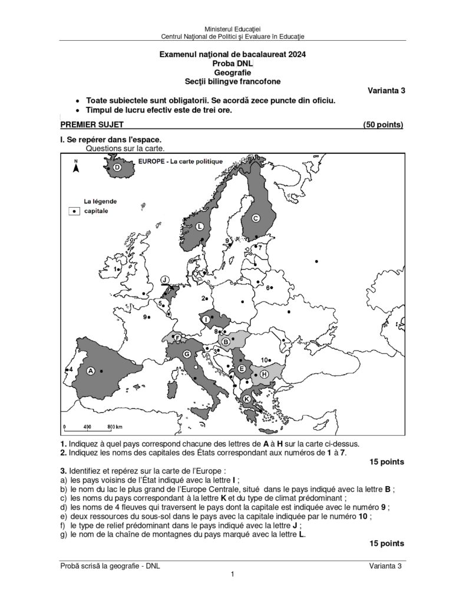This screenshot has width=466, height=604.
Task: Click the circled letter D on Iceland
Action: point(117,168)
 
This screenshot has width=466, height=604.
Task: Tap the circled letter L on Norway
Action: point(200,226)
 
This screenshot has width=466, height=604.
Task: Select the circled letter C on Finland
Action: point(256,218)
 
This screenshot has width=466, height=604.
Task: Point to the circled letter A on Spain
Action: point(91,370)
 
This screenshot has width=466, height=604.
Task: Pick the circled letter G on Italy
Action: point(186,354)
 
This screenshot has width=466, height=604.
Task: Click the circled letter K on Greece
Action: point(247,399)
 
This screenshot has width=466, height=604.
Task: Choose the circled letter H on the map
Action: point(264,374)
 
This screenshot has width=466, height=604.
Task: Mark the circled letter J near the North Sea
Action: point(166,280)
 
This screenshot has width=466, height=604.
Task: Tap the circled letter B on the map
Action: point(226,341)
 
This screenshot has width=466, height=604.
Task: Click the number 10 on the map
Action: point(265,360)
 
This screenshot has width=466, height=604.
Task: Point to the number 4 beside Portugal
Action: point(70,369)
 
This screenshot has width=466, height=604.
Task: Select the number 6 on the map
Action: point(268,288)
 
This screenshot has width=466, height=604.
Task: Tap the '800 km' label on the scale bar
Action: point(115,426)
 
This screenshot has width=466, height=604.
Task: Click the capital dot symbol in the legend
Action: point(75,211)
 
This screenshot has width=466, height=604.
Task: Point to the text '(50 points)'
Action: point(383,124)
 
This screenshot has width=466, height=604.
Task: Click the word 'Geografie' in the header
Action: point(233,72)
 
